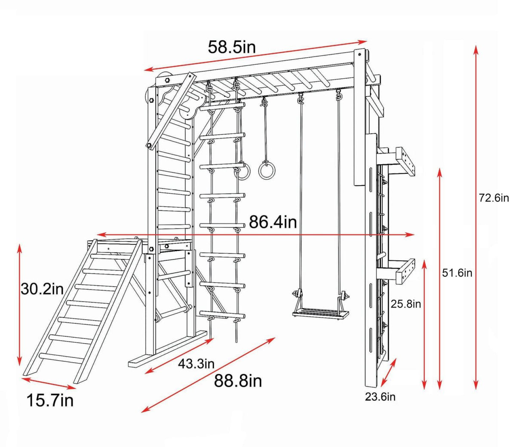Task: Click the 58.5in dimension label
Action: tap(232, 47)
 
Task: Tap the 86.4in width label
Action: tap(273, 222)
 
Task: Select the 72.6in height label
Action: tap(494, 198)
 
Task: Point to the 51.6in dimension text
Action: tap(457, 273)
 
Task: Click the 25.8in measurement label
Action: tap(405, 304)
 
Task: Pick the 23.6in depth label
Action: tap(380, 397)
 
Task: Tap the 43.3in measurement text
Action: tap(196, 364)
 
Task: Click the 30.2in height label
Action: tap(42, 289)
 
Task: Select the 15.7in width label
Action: tap(50, 401)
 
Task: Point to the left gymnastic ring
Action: tap(243, 172)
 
